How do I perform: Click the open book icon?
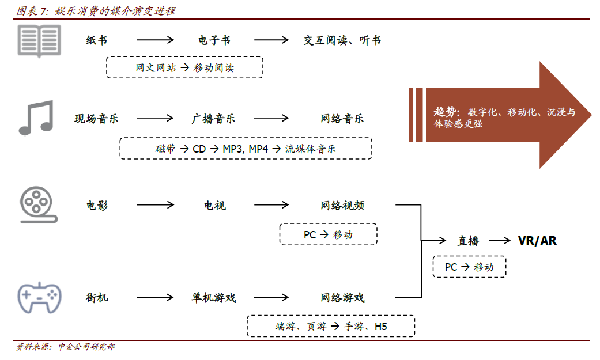pos(39,40)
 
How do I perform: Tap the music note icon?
pos(36,118)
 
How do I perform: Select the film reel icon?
pos(38,205)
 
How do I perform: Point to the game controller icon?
pos(39,298)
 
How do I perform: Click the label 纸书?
pos(96,40)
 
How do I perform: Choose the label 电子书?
pos(214,40)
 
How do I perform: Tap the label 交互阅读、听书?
pos(342,40)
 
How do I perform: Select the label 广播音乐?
pos(213,119)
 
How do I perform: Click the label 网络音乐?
pos(342,119)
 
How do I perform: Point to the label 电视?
pos(214,206)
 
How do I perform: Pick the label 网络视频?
pos(342,206)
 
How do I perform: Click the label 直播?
pos(469,241)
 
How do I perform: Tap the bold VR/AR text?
pos(537,241)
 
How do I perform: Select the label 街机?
pos(97,298)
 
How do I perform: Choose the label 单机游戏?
pos(213,298)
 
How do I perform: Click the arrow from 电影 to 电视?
pos(156,205)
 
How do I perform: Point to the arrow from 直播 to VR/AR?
pos(500,240)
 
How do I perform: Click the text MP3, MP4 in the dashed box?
pos(246,149)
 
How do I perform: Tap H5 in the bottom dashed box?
pos(381,327)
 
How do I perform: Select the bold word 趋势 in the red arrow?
pos(445,112)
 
